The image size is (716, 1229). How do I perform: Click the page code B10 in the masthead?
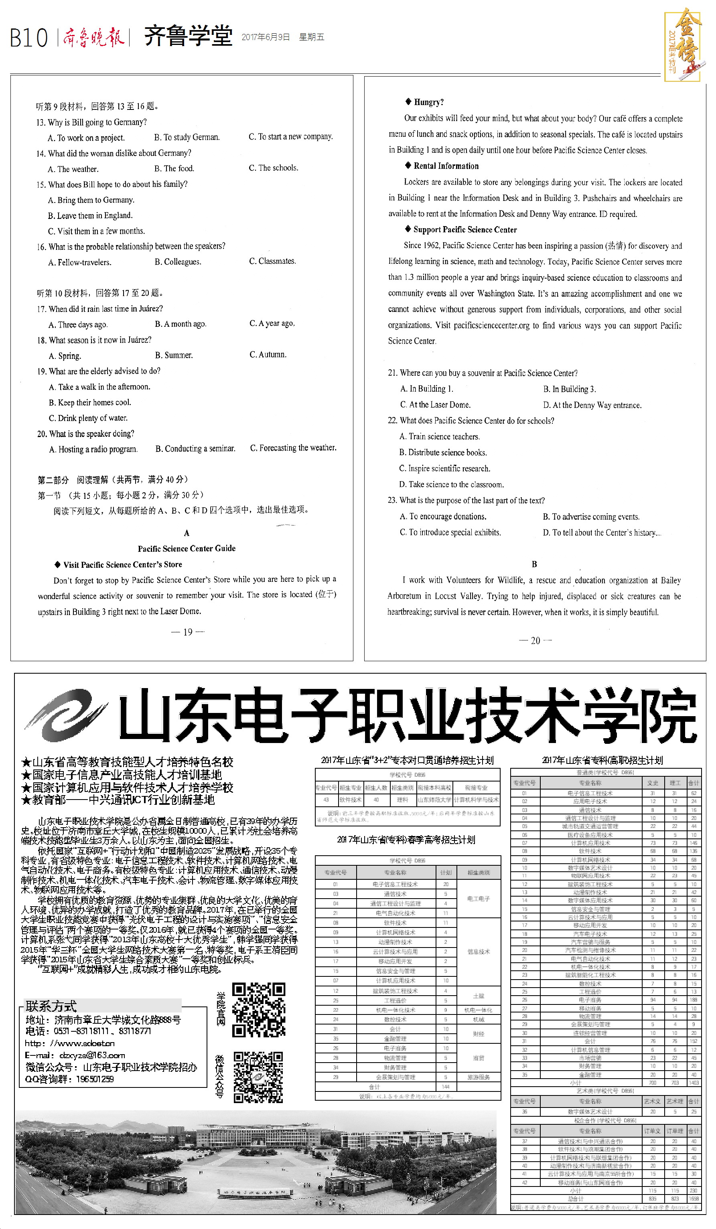pyautogui.click(x=29, y=38)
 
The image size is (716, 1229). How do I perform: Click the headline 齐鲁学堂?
pyautogui.click(x=188, y=36)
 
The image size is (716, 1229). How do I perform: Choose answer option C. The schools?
pyautogui.click(x=273, y=168)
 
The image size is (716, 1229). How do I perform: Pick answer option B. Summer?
pyautogui.click(x=174, y=355)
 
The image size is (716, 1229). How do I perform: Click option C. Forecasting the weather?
pyautogui.click(x=293, y=448)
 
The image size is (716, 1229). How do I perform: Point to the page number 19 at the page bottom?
pyautogui.click(x=188, y=632)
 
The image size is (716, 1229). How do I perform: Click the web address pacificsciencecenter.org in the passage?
pyautogui.click(x=491, y=325)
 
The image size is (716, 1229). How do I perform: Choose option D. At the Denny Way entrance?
pyautogui.click(x=592, y=405)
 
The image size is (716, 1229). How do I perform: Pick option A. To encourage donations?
pyautogui.click(x=443, y=516)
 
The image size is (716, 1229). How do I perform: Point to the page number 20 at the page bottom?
pyautogui.click(x=535, y=640)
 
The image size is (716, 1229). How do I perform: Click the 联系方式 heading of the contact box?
pyautogui.click(x=51, y=1006)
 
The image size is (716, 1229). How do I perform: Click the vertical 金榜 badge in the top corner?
pyautogui.click(x=684, y=44)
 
